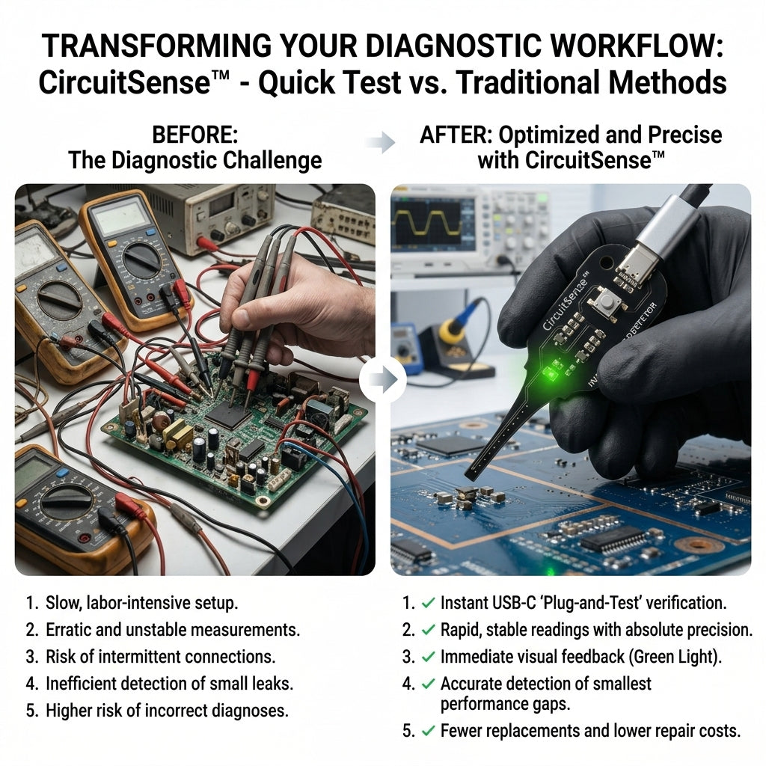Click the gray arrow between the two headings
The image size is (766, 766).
tap(380, 142)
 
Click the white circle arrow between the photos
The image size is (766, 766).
tap(382, 379)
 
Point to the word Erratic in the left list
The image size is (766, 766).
tap(68, 630)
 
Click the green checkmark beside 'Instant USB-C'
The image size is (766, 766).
tap(428, 603)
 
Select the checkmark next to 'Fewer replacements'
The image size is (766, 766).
tap(428, 731)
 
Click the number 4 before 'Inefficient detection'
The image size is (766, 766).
tap(31, 684)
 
